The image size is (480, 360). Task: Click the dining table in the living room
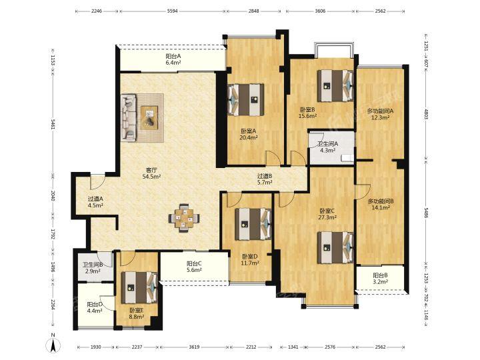click(x=184, y=218)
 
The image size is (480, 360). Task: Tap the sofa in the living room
click(x=129, y=117)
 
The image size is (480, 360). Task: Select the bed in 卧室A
click(x=246, y=100)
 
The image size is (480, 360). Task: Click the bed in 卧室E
click(x=139, y=287)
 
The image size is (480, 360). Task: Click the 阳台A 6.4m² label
click(x=173, y=59)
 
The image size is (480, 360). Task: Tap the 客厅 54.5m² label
click(x=151, y=173)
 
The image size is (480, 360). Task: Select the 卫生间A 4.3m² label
click(x=327, y=147)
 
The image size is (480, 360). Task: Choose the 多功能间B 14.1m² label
click(x=381, y=205)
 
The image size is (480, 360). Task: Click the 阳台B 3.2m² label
click(x=381, y=278)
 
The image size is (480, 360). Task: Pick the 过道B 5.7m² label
click(x=265, y=179)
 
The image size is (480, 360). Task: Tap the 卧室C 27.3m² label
click(x=327, y=214)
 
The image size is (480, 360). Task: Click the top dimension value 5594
click(x=173, y=11)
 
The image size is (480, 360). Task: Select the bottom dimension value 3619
click(x=194, y=347)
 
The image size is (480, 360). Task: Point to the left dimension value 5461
click(x=53, y=124)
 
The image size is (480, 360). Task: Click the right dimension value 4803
click(x=426, y=114)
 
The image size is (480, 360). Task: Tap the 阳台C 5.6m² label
click(x=194, y=266)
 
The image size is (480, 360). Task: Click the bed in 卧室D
click(x=253, y=224)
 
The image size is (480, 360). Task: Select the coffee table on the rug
click(x=149, y=117)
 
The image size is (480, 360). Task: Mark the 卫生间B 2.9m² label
click(x=93, y=268)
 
